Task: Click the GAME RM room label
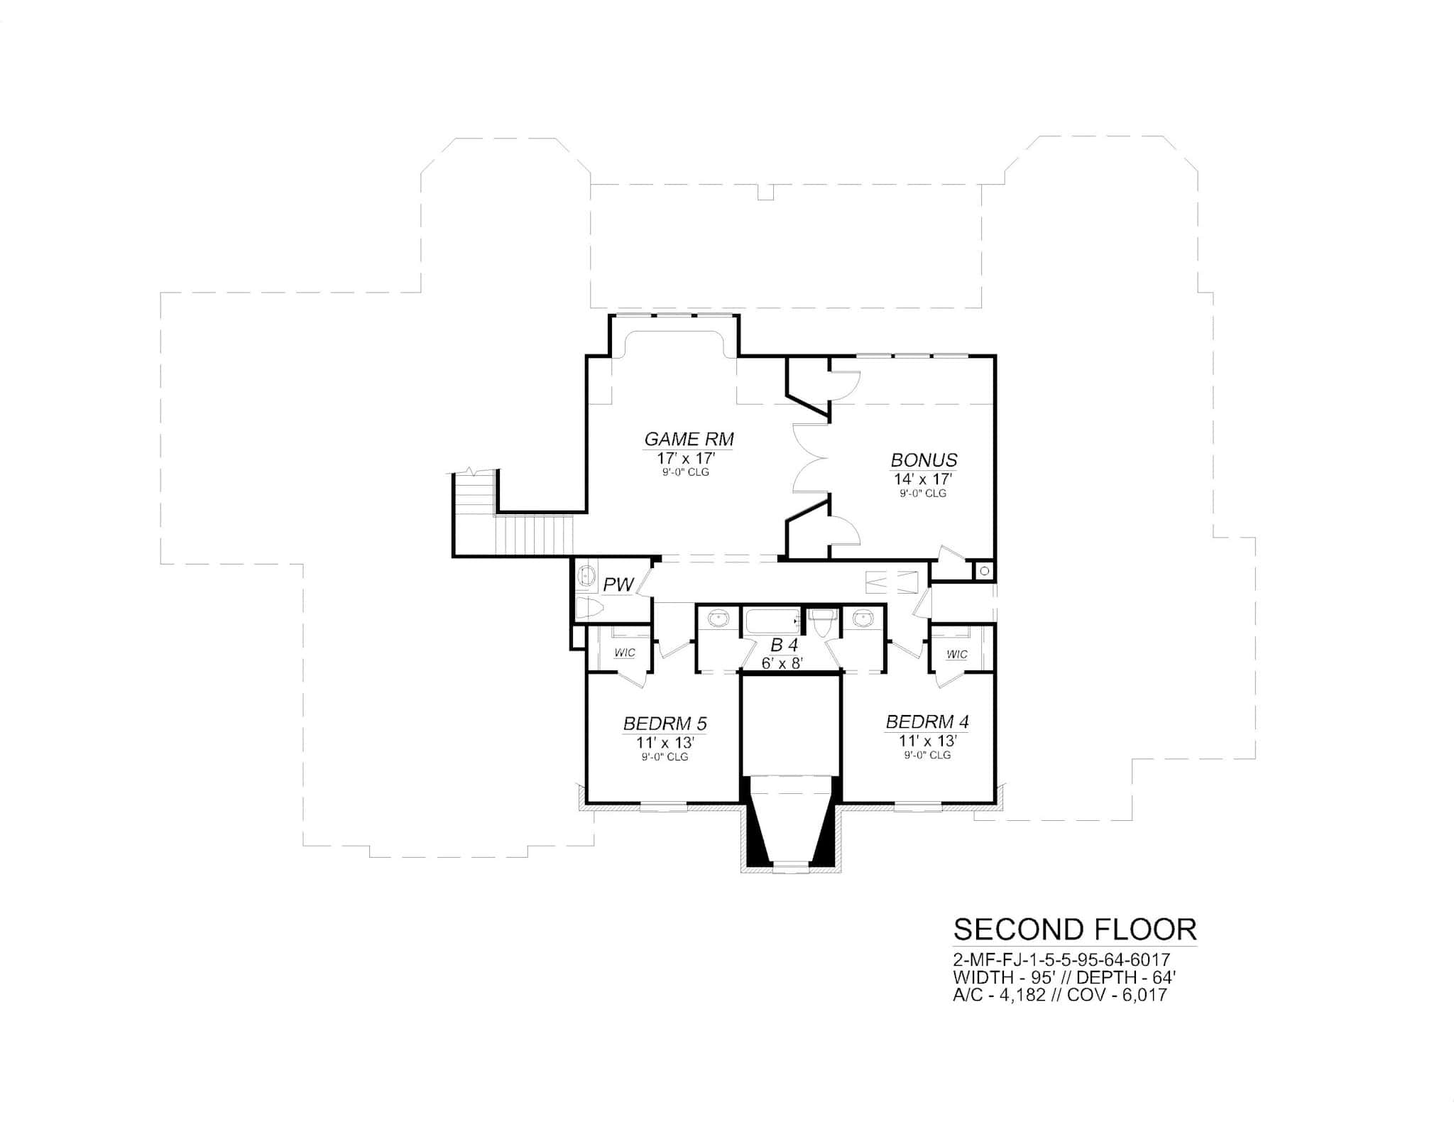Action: coord(689,439)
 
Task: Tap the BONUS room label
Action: coord(924,460)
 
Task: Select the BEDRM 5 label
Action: coord(665,724)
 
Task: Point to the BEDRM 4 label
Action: coord(927,722)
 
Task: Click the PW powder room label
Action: coord(618,585)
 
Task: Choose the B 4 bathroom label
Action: coord(785,646)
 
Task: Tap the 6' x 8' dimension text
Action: coord(782,663)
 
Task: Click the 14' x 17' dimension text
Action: coord(923,479)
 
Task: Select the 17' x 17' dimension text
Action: coord(685,458)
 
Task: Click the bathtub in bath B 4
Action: coord(772,622)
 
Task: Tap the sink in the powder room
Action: coord(586,574)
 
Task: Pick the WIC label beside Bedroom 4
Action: coord(956,655)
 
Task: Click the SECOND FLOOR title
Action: coord(1075,930)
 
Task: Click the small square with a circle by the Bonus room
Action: coord(985,570)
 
